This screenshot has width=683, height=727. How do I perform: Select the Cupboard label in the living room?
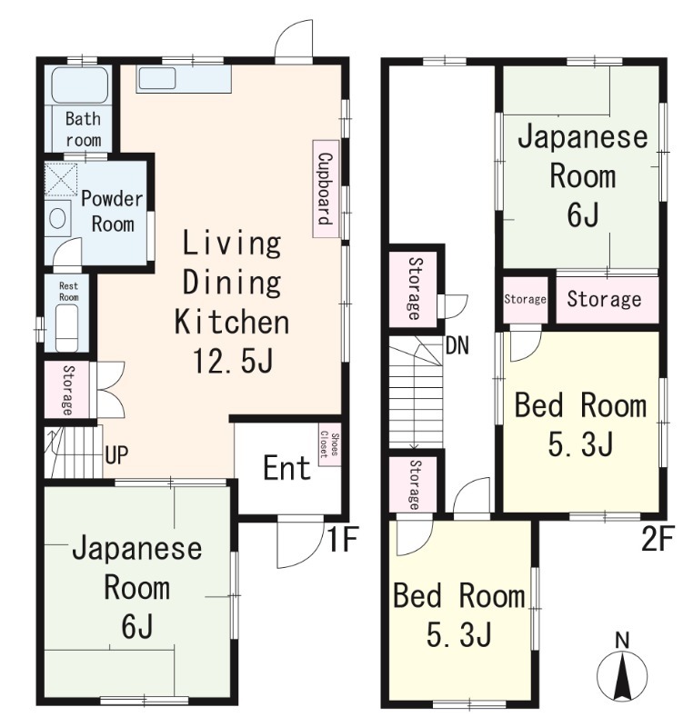tap(324, 190)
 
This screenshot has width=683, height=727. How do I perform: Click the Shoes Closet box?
tap(328, 448)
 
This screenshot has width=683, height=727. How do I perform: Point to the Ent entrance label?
tap(286, 469)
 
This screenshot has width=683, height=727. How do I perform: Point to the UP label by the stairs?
tap(116, 455)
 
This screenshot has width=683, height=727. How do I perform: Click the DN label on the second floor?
tap(457, 346)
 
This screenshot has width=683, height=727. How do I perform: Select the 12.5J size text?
tap(231, 362)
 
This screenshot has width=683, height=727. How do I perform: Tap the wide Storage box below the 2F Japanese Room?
tap(605, 300)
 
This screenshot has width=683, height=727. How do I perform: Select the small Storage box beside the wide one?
tap(525, 300)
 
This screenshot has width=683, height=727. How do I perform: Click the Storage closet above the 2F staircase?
tap(414, 288)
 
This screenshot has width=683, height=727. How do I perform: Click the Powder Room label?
tap(112, 211)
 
